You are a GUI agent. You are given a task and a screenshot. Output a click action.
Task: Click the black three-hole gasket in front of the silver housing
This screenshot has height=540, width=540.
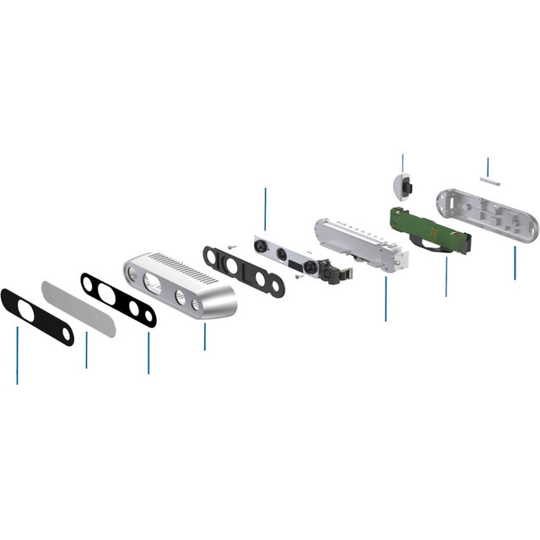(x=118, y=300)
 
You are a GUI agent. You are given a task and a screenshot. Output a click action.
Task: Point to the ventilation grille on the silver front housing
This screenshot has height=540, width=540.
(x=189, y=271)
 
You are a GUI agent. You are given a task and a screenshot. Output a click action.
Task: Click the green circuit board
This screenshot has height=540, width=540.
(x=430, y=230)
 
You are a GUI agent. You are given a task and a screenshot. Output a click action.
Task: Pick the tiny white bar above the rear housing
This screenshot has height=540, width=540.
(x=489, y=179)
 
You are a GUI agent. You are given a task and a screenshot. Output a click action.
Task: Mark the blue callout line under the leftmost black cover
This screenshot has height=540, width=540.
(x=17, y=355)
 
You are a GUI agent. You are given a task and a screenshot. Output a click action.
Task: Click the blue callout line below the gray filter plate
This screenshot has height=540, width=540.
(x=86, y=349)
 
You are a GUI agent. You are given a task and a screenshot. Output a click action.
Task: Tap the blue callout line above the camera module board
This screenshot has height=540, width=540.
(x=265, y=209)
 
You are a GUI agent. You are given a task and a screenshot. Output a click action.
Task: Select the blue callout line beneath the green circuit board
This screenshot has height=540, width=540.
(x=446, y=276)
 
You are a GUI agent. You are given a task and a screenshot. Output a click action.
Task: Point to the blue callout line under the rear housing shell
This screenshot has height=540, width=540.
(x=515, y=263)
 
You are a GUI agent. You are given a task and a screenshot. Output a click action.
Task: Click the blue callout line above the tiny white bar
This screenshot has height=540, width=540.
(x=488, y=165)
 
